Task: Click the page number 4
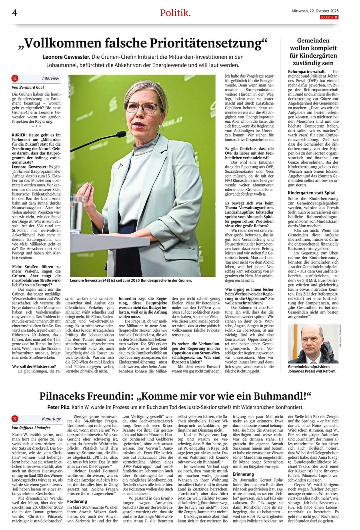14,13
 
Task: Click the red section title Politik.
175,13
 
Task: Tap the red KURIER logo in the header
329,17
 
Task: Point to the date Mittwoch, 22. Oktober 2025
315,11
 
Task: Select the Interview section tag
50,78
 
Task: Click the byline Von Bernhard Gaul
28,87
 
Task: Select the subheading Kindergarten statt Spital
312,193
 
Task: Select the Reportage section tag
52,419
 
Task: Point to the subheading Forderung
77,501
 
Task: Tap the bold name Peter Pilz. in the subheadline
58,407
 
